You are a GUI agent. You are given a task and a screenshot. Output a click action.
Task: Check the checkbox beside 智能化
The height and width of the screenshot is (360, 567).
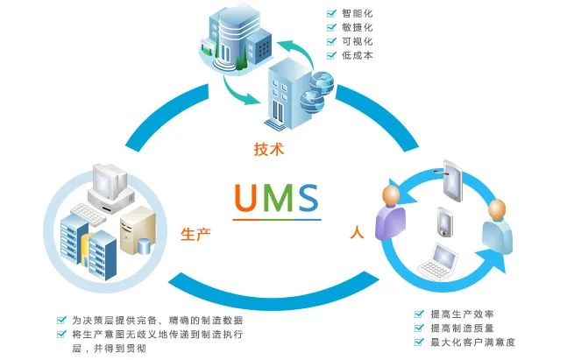tap(331, 14)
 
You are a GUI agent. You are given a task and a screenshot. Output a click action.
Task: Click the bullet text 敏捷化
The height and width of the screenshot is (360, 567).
tap(358, 28)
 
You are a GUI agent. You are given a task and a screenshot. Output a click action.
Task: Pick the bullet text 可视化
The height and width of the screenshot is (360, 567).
tap(358, 42)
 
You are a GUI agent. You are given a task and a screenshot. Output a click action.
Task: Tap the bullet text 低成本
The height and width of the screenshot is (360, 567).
tap(358, 56)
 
